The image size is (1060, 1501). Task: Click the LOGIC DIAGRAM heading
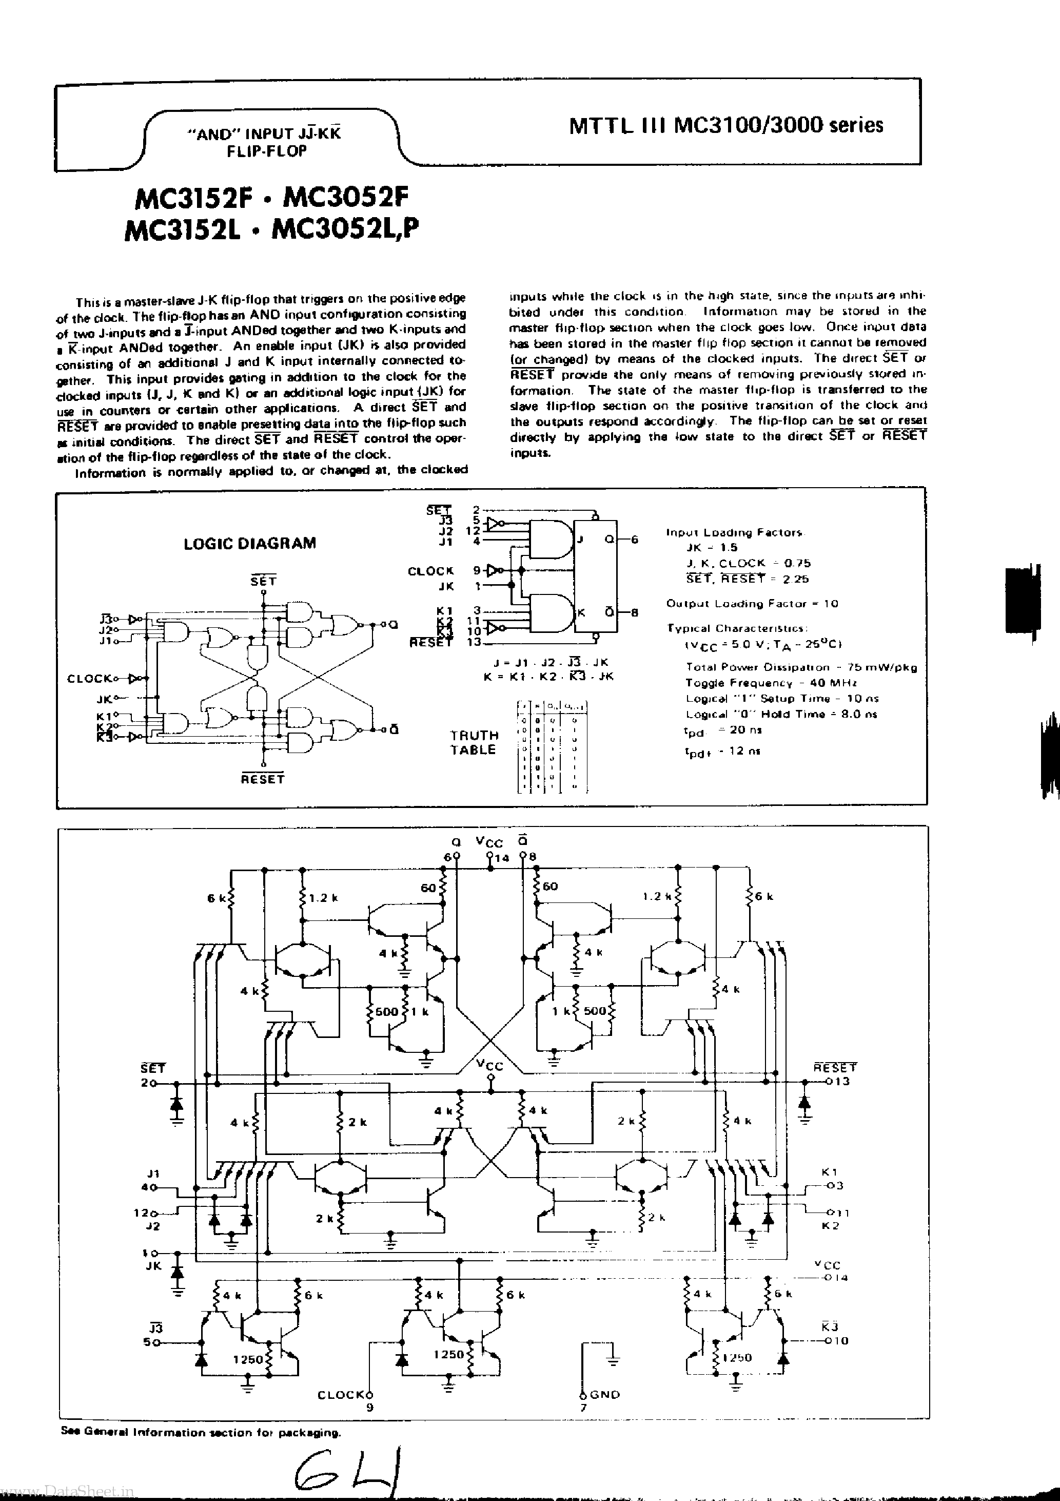(x=250, y=543)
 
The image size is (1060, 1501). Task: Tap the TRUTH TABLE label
(x=474, y=743)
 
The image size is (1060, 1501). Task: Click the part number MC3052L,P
(x=344, y=229)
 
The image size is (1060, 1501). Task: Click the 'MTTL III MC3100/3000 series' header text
(x=726, y=125)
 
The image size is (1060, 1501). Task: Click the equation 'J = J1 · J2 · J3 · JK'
(x=546, y=663)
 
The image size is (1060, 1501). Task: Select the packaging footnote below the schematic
(x=201, y=1432)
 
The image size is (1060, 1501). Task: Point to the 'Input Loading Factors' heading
(x=735, y=532)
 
